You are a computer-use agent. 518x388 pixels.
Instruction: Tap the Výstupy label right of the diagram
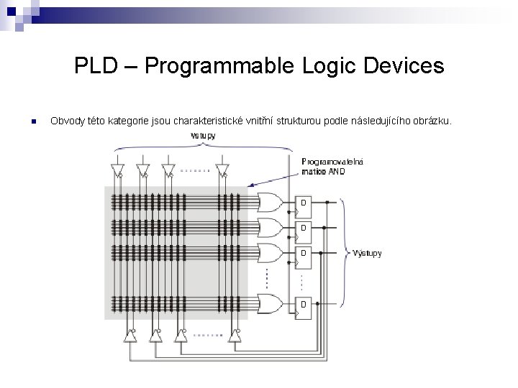367,253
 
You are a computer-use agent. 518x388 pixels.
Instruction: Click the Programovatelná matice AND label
332,166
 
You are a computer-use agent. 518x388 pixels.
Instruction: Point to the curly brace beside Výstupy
345,253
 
